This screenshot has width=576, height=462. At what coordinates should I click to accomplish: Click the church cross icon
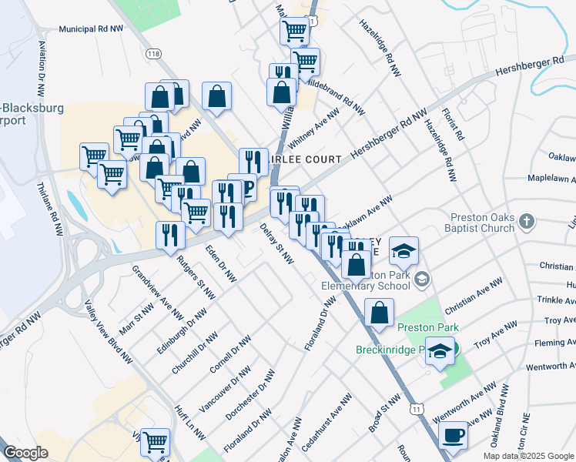pos(527,223)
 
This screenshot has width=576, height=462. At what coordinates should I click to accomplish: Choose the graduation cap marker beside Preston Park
pos(440,353)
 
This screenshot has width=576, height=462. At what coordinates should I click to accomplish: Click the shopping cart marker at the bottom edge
pos(156,442)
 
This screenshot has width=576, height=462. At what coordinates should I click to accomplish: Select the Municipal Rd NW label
pos(91,29)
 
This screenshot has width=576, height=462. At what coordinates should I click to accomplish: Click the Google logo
pos(25,453)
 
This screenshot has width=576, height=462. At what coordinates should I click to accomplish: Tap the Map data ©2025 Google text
pos(527,456)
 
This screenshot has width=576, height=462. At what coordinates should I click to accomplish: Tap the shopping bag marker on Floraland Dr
pos(379,313)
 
